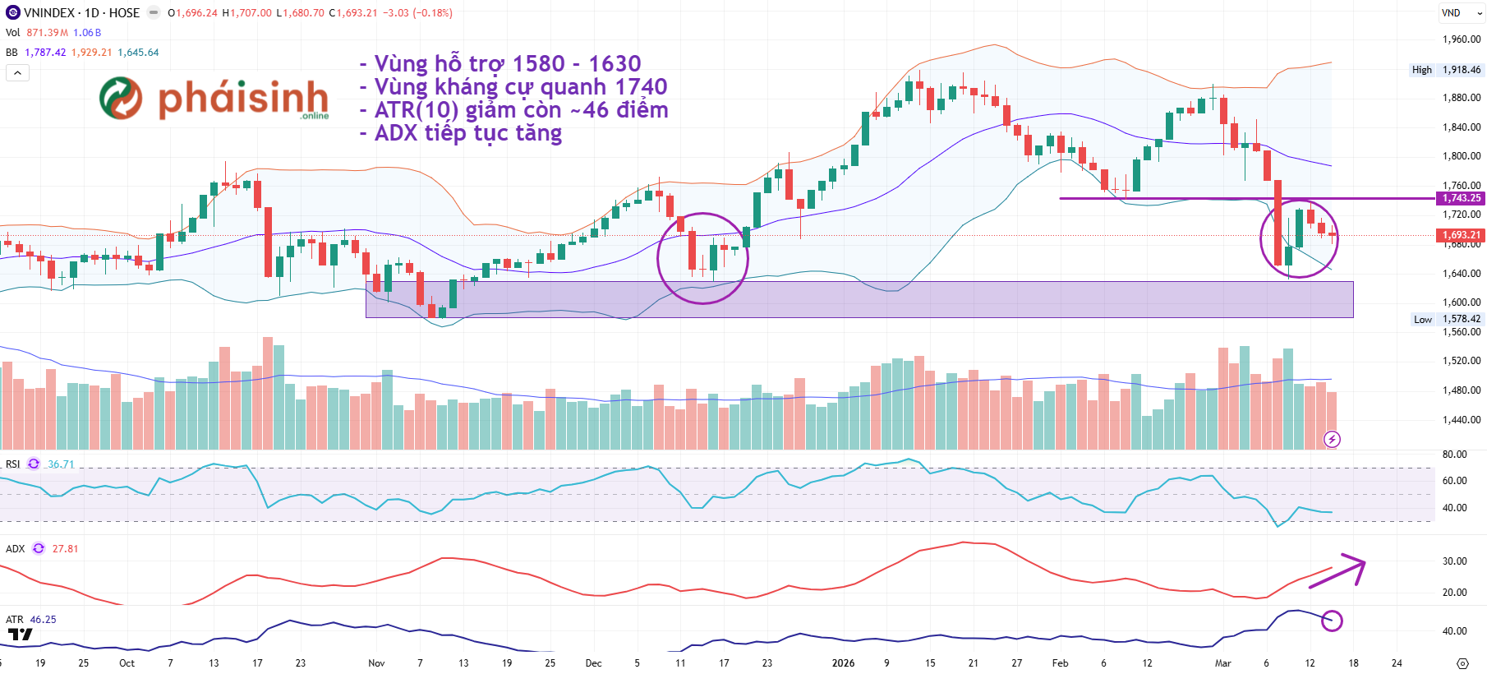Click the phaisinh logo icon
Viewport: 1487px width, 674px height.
pyautogui.click(x=121, y=98)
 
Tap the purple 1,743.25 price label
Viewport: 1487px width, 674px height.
pyautogui.click(x=1462, y=198)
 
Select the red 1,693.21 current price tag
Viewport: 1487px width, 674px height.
pyautogui.click(x=1462, y=235)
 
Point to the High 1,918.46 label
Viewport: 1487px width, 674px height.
pyautogui.click(x=1446, y=70)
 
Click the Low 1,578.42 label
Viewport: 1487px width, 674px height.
pyautogui.click(x=1447, y=319)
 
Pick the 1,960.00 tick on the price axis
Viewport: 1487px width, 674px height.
pyautogui.click(x=1462, y=39)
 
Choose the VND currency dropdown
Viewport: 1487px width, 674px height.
pyautogui.click(x=1461, y=13)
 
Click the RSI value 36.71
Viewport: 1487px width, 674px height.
pyautogui.click(x=61, y=464)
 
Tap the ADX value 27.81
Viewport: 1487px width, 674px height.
pyautogui.click(x=66, y=549)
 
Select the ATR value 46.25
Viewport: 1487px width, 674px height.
pyautogui.click(x=44, y=620)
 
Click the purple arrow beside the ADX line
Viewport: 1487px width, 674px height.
pyautogui.click(x=1338, y=570)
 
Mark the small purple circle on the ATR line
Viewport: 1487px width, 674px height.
pyautogui.click(x=1332, y=621)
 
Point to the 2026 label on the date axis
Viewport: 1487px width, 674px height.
pyautogui.click(x=843, y=663)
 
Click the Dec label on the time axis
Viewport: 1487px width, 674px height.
pyautogui.click(x=593, y=663)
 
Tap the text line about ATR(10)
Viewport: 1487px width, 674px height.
pyautogui.click(x=514, y=110)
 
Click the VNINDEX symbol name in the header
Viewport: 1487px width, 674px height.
pyautogui.click(x=50, y=13)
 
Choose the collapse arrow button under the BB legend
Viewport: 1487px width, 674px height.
pyautogui.click(x=17, y=73)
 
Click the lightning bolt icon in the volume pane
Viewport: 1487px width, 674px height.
pyautogui.click(x=1333, y=440)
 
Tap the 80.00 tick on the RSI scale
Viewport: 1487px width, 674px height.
pyautogui.click(x=1454, y=455)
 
